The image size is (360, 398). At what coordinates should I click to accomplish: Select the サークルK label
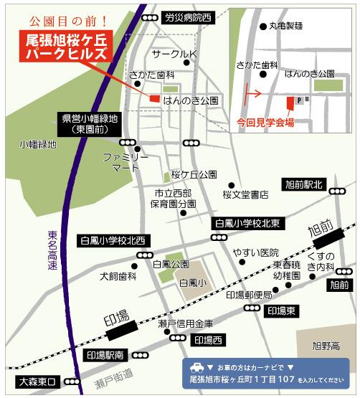(x=173, y=54)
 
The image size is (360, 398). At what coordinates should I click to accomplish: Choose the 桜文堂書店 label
(x=245, y=194)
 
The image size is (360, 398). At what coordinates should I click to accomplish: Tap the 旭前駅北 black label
(x=304, y=185)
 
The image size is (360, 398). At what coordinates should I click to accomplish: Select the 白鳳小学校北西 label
(x=113, y=240)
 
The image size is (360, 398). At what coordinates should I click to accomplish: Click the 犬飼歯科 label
(x=118, y=275)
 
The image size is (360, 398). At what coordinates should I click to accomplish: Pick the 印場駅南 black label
(x=105, y=355)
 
